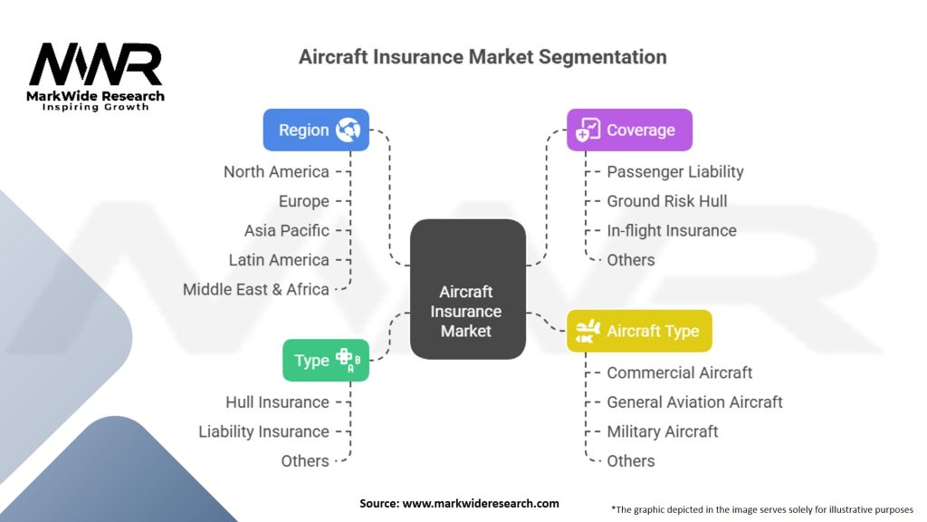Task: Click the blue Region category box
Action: point(316,130)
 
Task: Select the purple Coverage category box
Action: point(629,130)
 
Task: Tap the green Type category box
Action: point(325,360)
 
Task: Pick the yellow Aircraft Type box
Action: point(639,331)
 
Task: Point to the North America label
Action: point(276,171)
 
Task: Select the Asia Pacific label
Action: point(286,230)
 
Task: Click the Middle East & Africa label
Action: point(256,289)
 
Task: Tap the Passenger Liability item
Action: point(675,171)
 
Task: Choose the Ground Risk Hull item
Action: point(666,201)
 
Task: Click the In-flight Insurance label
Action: point(672,230)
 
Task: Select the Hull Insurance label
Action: point(277,401)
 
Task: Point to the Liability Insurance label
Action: point(263,431)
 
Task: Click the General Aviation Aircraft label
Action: point(694,401)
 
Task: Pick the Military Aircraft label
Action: point(662,431)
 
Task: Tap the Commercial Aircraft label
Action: point(679,372)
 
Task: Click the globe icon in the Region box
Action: point(348,130)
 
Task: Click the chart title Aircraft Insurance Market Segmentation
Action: point(483,56)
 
